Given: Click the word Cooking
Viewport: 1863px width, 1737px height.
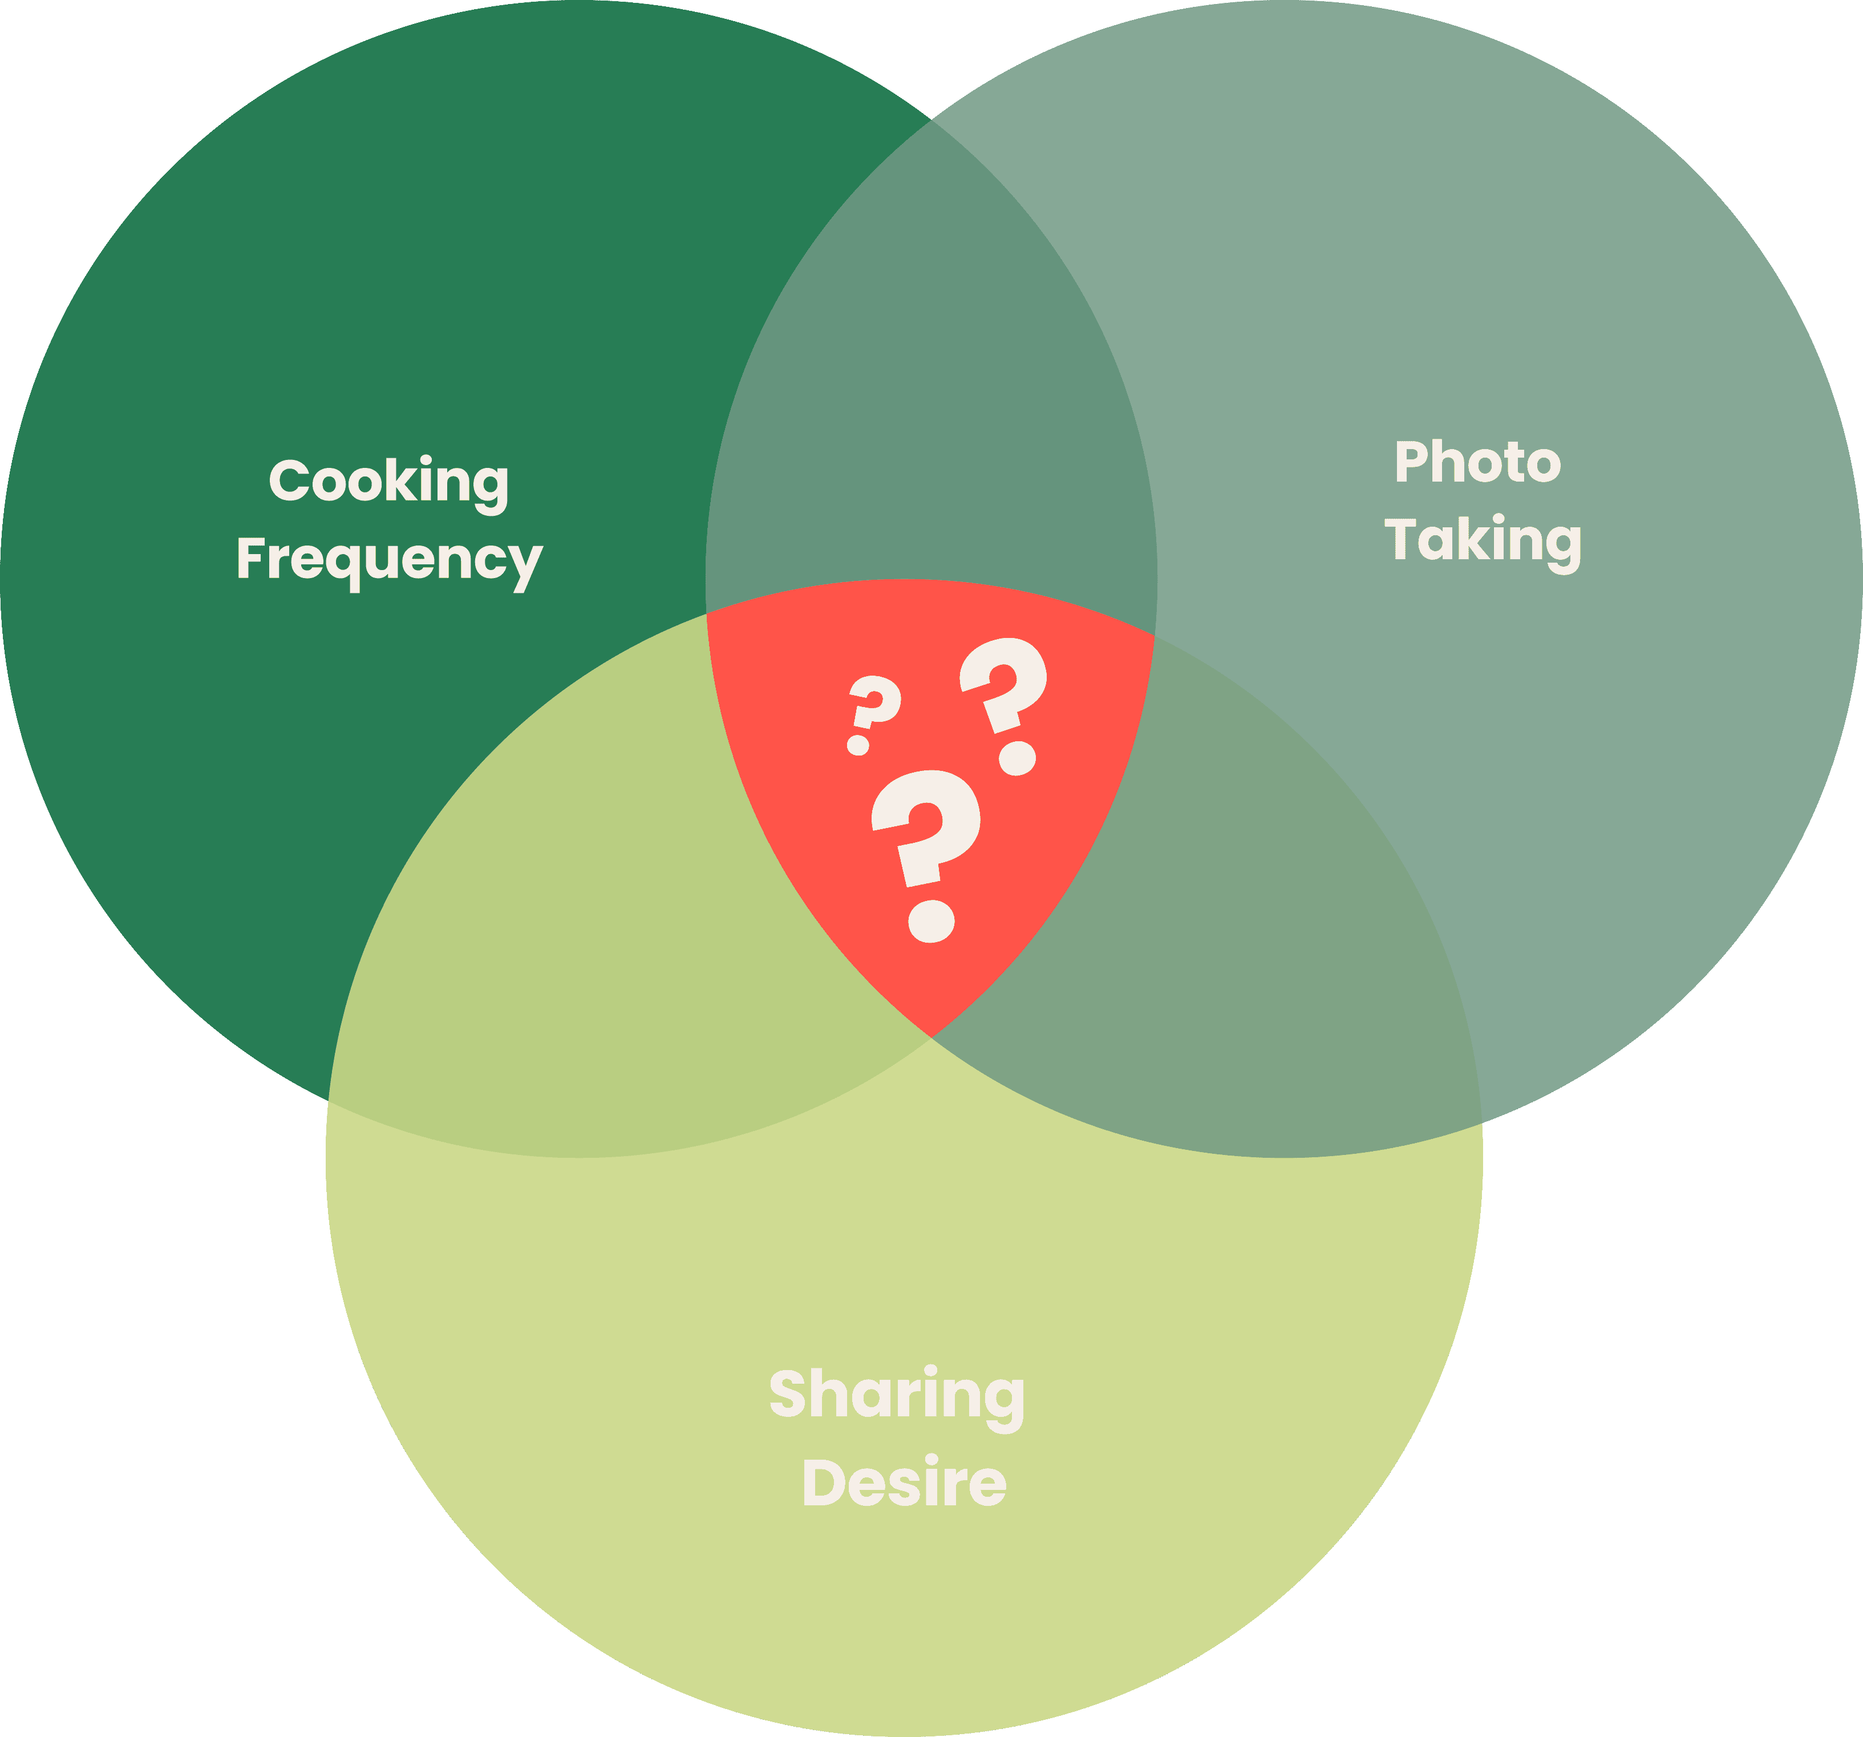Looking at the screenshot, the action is pos(389,482).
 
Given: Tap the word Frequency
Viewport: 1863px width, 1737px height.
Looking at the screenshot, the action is pos(389,560).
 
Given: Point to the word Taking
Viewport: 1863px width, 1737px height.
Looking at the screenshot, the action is pos(1483,541).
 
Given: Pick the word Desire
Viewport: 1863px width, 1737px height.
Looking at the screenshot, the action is pos(904,1484).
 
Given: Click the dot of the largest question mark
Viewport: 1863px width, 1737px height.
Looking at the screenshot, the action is pos(931,920).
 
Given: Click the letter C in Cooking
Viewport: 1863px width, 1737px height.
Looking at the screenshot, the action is pos(290,481).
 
